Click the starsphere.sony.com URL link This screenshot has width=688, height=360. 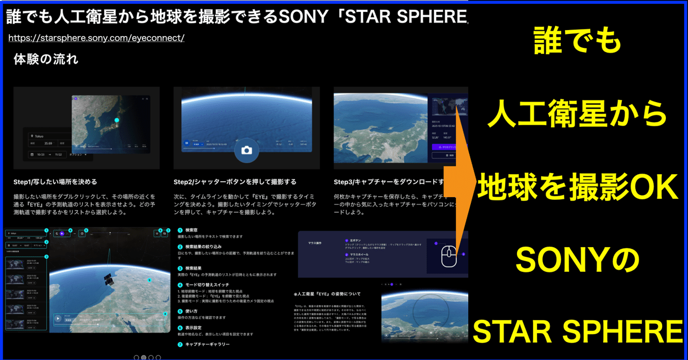click(97, 38)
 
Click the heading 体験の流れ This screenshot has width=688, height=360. click(46, 60)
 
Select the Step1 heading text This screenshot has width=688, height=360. click(55, 182)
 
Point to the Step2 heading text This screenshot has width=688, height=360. click(235, 182)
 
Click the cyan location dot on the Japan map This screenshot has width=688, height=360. click(116, 119)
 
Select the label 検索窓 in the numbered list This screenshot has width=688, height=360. click(191, 229)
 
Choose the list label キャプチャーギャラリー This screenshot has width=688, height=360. click(207, 344)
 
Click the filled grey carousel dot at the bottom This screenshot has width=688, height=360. click(144, 357)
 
